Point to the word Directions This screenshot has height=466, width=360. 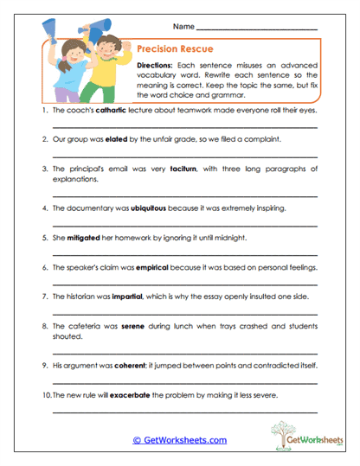click(157, 65)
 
